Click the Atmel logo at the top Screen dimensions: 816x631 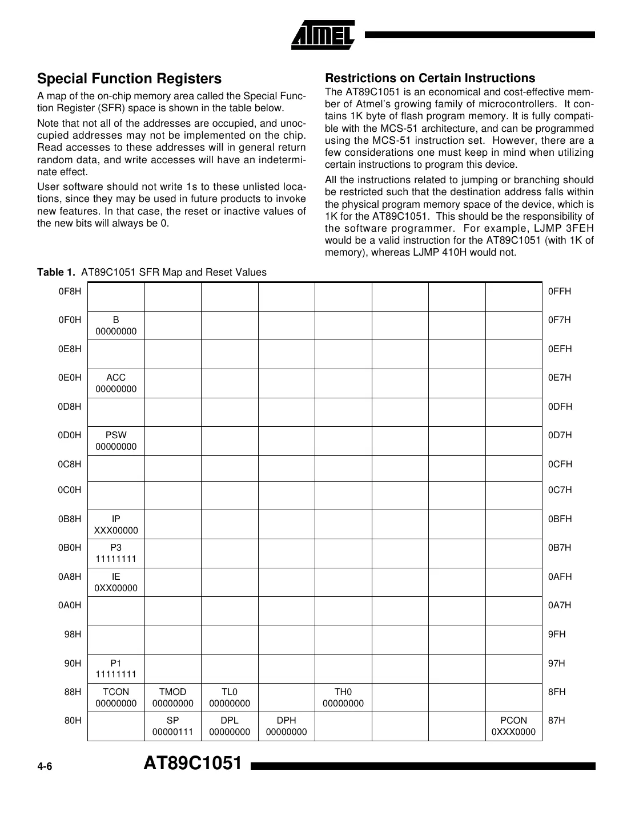(x=323, y=35)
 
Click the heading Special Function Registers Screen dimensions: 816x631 (x=129, y=79)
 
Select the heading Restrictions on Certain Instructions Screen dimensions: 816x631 (x=429, y=78)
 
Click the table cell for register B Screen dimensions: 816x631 (x=116, y=326)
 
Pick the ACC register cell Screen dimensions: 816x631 (x=116, y=383)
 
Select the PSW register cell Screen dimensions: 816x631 (x=116, y=441)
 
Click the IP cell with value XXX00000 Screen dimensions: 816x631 (x=116, y=525)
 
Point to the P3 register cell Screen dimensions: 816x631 (x=116, y=554)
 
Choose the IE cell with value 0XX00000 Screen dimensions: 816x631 (x=116, y=583)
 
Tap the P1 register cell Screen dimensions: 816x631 (x=116, y=669)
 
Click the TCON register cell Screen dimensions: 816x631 (x=116, y=698)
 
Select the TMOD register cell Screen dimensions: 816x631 (x=172, y=698)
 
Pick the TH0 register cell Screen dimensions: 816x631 (x=343, y=698)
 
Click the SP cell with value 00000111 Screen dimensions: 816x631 (x=172, y=726)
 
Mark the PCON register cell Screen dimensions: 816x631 (x=513, y=726)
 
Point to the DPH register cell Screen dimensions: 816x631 (x=286, y=726)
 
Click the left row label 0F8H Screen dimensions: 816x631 (x=70, y=292)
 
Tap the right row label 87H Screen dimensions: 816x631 (x=556, y=721)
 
